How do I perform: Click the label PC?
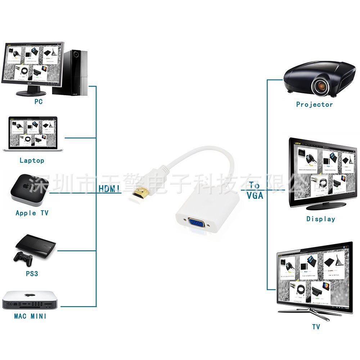tap(39, 102)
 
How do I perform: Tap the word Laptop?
tap(32, 161)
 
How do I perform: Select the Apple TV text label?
tap(32, 213)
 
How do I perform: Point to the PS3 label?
tap(32, 274)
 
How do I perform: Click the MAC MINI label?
tap(30, 316)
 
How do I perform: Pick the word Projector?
tap(314, 104)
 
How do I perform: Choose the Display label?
tap(320, 219)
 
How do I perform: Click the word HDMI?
tap(109, 188)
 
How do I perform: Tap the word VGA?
tap(255, 196)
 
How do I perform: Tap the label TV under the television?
tap(316, 327)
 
